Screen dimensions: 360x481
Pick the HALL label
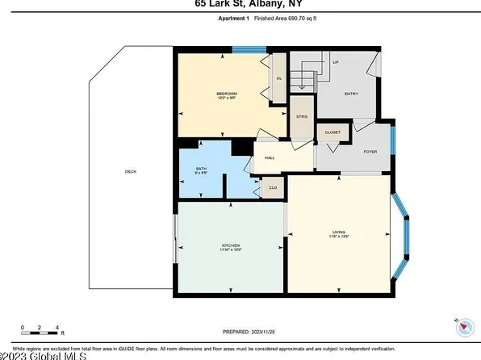(270, 157)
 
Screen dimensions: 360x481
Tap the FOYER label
(370, 152)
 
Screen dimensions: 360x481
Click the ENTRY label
(351, 94)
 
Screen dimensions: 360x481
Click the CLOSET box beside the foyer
(333, 132)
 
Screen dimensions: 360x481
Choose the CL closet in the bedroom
(278, 78)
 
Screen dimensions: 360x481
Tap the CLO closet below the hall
(273, 188)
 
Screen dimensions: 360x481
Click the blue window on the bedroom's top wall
(245, 49)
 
